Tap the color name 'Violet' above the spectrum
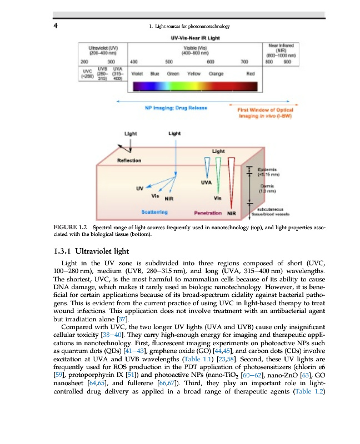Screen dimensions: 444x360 pos(138,73)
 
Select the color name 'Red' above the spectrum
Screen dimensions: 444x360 pos(250,73)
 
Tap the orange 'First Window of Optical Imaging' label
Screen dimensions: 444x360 pos(261,113)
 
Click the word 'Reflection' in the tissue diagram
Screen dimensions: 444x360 pos(129,160)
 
